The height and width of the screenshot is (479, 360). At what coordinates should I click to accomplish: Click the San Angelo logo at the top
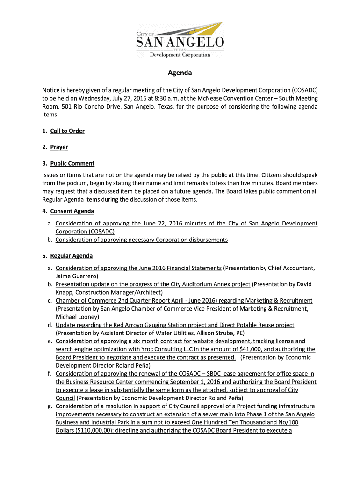[x=180, y=40]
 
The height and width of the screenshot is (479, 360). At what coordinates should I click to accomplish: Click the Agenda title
[x=180, y=73]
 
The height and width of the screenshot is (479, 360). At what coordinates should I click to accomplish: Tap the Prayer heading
[x=59, y=147]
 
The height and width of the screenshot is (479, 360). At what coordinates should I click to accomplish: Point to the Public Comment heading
[x=72, y=164]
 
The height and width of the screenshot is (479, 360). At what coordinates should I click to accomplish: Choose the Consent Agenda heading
[x=72, y=211]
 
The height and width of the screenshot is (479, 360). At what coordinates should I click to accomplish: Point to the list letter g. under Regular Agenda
[x=49, y=406]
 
